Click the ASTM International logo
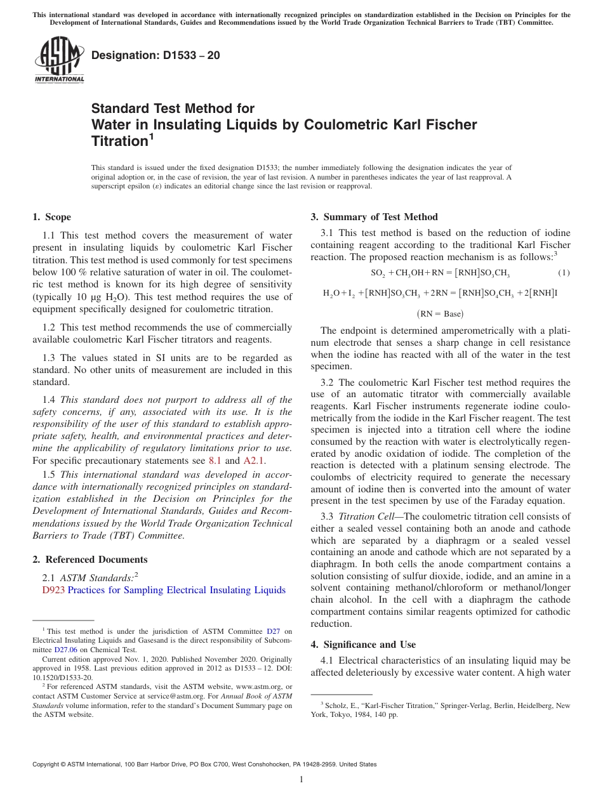pos(59,60)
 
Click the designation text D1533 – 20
pos(156,55)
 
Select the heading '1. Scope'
pos(52,217)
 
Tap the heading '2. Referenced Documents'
pos(90,560)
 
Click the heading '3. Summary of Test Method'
pos(374,217)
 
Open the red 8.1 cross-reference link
pos(215,461)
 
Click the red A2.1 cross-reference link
pos(255,461)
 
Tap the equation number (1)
pos(564,273)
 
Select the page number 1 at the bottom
pos(301,779)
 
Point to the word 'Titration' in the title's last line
pos(119,141)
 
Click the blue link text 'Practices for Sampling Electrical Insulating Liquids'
pos(176,590)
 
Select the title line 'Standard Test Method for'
pos(173,108)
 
